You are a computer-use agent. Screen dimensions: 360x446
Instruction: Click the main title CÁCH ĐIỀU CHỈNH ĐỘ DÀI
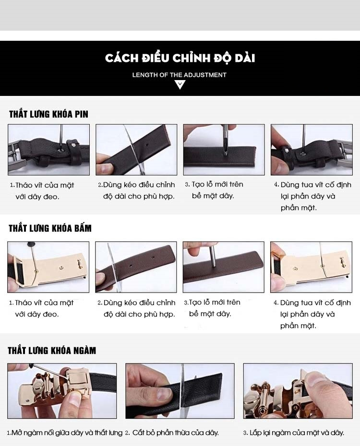(180, 58)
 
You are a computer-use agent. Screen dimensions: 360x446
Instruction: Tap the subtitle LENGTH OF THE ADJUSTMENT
(180, 75)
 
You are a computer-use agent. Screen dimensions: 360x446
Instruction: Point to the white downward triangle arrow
(180, 85)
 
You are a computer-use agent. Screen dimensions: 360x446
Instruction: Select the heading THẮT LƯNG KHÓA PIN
(48, 114)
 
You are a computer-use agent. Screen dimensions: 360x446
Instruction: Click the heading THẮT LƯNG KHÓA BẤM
(50, 228)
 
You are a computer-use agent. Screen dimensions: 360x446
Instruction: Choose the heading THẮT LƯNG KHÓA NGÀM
(52, 351)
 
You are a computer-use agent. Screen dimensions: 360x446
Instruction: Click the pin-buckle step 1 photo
(48, 150)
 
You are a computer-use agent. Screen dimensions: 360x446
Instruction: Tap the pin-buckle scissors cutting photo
(136, 150)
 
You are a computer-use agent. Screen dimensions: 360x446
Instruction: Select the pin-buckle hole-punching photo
(224, 150)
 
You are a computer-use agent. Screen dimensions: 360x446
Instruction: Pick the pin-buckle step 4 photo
(312, 150)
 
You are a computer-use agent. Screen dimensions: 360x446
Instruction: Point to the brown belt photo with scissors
(136, 267)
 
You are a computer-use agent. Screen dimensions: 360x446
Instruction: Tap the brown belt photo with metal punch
(223, 267)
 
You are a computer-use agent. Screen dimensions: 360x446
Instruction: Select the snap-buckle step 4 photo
(311, 267)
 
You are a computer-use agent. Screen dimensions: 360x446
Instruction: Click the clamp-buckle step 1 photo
(62, 391)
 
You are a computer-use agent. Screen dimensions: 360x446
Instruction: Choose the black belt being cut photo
(180, 391)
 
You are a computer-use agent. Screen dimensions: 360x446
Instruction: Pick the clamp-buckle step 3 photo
(298, 391)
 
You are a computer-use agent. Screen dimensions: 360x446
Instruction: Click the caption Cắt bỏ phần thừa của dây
(176, 433)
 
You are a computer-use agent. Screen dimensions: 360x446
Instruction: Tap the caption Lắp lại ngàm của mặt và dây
(297, 433)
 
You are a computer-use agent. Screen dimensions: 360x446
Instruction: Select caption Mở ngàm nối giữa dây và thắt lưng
(67, 433)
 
